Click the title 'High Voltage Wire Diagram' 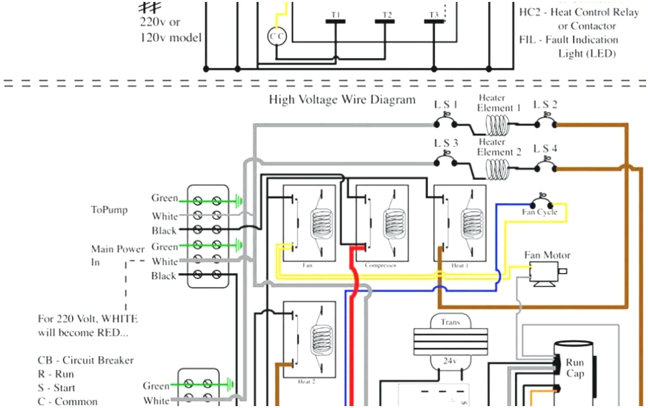342,99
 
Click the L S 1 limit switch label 446,105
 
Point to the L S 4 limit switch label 545,149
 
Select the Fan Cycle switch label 539,212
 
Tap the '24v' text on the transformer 449,361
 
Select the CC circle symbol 277,37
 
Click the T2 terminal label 387,15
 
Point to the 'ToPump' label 108,210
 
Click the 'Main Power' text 118,249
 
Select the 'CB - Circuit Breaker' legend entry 85,360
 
